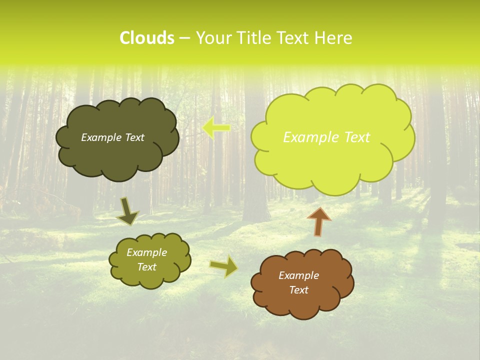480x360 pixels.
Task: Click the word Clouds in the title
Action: (146, 38)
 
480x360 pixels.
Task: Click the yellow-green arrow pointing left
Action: (216, 128)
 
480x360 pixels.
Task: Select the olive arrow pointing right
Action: (224, 266)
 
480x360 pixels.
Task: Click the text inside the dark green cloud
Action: (112, 137)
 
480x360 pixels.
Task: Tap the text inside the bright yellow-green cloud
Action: (326, 137)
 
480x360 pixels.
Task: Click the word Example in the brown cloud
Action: (298, 275)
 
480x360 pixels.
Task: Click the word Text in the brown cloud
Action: (298, 290)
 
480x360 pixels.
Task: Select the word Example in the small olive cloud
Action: (146, 252)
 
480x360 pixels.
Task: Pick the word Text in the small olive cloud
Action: (146, 267)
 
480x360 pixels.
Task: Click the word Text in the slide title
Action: (296, 38)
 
